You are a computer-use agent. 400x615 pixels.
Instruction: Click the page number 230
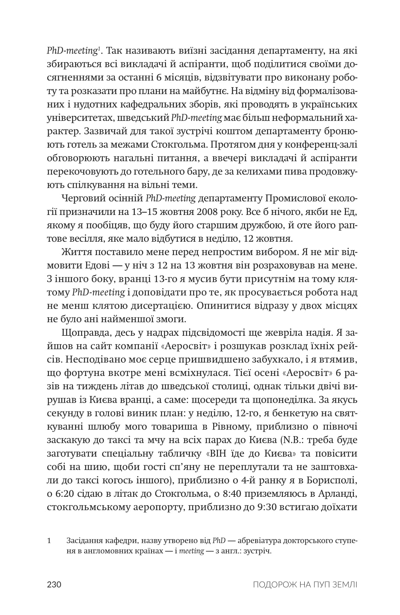tap(54, 585)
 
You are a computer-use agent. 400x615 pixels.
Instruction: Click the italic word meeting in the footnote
tap(191, 551)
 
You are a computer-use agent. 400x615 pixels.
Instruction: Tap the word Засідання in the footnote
tap(84, 540)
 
